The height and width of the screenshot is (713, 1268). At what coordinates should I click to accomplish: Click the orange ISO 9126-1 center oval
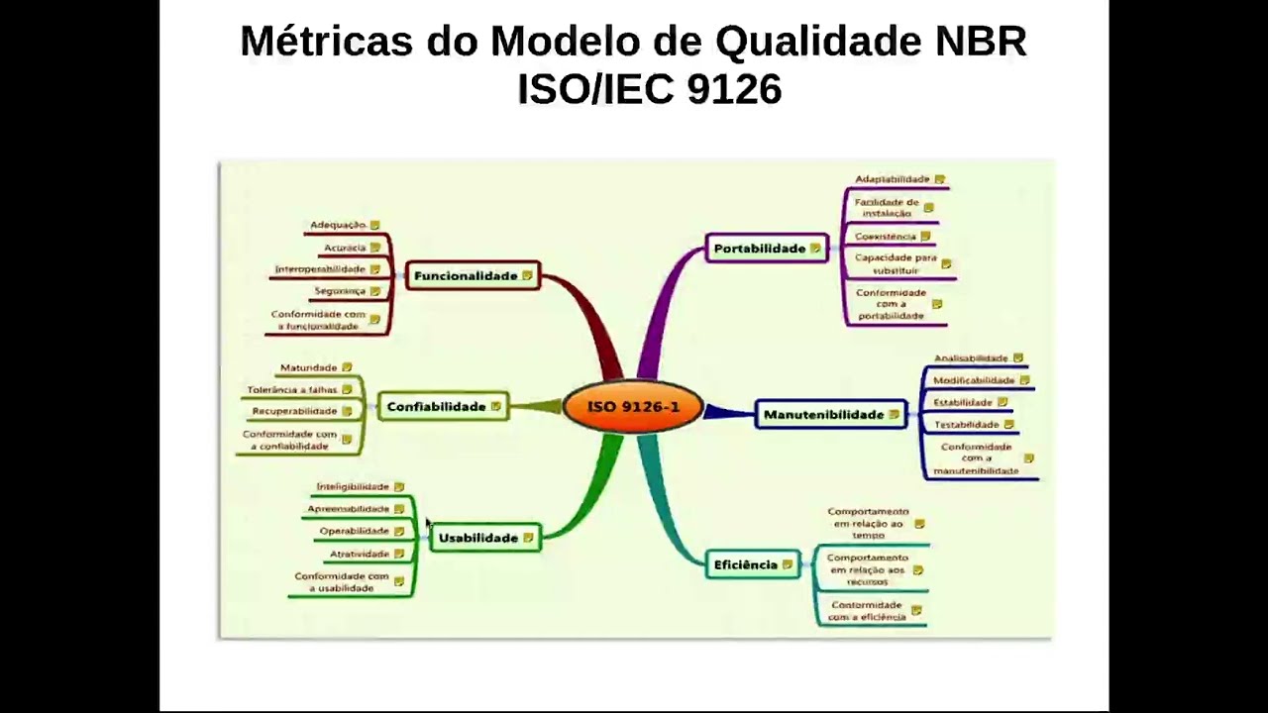(x=633, y=407)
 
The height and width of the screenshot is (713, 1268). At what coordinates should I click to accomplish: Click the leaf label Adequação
(x=338, y=226)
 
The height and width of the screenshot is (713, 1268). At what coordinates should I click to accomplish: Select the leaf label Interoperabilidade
(x=320, y=269)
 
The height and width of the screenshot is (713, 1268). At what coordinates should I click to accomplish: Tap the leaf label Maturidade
(x=309, y=368)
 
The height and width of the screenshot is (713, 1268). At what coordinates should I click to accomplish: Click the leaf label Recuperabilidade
(x=294, y=411)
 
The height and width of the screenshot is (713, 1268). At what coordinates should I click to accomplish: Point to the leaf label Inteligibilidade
(x=353, y=487)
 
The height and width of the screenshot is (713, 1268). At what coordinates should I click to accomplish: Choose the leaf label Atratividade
(x=360, y=554)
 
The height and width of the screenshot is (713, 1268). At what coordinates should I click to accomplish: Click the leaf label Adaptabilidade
(x=892, y=179)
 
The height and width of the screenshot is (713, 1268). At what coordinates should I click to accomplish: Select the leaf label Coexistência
(x=886, y=237)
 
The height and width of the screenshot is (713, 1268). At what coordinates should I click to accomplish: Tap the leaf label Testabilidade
(x=967, y=425)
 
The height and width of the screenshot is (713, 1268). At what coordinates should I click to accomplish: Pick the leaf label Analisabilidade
(x=971, y=358)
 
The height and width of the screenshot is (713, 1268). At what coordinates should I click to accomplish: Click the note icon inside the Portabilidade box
(x=815, y=249)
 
